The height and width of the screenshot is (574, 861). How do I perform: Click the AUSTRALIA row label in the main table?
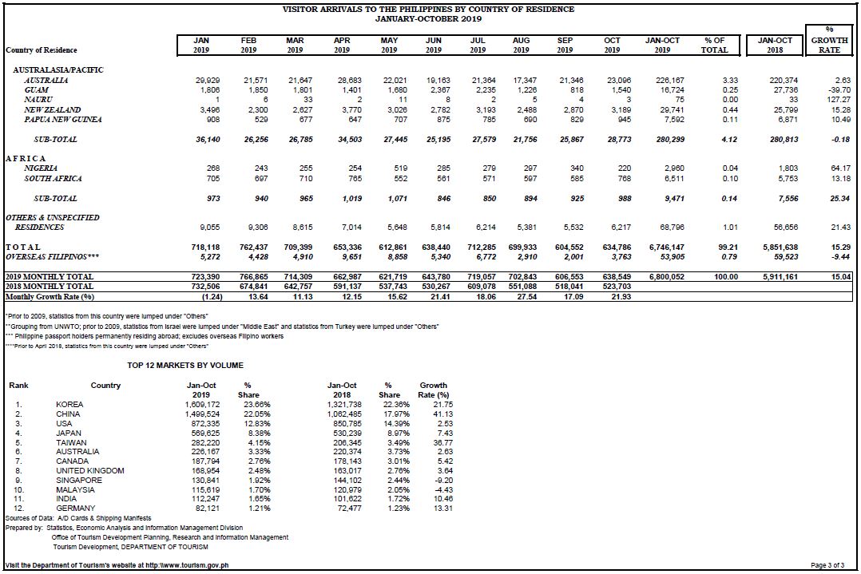click(46, 80)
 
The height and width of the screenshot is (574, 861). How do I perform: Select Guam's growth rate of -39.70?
click(839, 90)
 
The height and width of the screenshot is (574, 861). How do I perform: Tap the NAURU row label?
click(38, 100)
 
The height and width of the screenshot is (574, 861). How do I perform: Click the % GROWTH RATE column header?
click(829, 40)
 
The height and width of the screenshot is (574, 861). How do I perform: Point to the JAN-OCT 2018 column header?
click(775, 45)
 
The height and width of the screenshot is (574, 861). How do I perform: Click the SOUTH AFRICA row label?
click(54, 179)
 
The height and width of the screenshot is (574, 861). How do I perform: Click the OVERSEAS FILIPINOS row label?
click(52, 257)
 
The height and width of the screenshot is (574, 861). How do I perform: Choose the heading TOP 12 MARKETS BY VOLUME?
click(185, 366)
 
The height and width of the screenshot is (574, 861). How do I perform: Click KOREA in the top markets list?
click(69, 405)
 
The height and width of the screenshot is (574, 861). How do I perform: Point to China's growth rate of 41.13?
click(442, 414)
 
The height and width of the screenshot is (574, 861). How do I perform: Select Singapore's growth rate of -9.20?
click(443, 480)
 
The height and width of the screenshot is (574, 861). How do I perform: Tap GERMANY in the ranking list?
click(75, 509)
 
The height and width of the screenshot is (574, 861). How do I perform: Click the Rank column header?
click(18, 386)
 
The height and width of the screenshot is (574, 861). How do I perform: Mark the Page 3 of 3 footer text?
click(827, 565)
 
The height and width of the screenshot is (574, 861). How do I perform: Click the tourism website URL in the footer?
click(187, 565)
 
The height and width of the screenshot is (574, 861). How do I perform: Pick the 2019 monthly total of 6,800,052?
click(667, 277)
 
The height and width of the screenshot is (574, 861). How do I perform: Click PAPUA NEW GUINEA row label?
click(62, 120)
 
